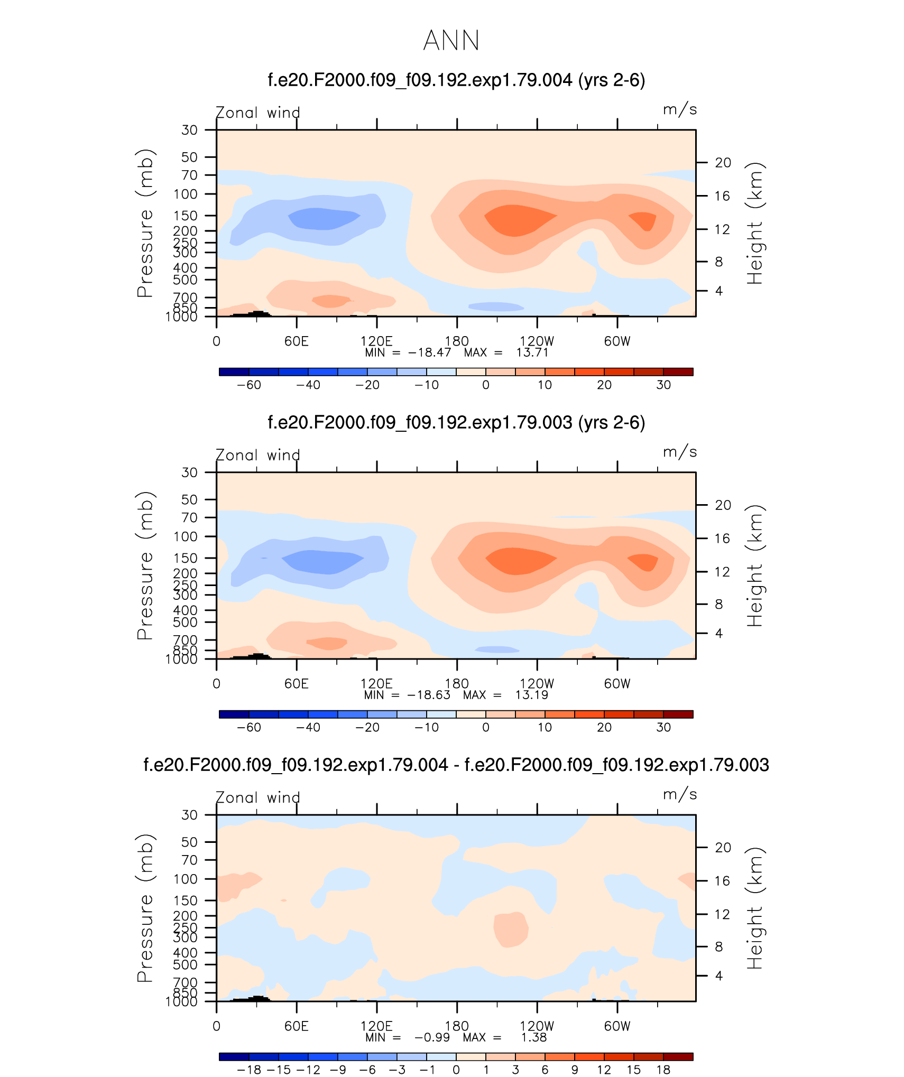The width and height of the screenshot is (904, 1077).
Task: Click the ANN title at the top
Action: tap(451, 40)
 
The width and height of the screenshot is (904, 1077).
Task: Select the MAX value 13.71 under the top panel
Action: tap(532, 352)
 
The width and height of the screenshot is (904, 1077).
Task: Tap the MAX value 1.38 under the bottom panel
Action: tap(533, 1037)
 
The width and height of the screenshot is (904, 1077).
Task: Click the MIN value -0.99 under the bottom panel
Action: tap(432, 1037)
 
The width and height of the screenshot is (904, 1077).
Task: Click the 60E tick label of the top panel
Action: tap(296, 341)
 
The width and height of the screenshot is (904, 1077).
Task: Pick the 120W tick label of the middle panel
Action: tap(537, 684)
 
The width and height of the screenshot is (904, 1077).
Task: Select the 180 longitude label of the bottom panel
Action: tap(457, 1026)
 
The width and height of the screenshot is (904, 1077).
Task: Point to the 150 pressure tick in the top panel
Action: tap(185, 216)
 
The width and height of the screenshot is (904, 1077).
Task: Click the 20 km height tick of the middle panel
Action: tap(723, 505)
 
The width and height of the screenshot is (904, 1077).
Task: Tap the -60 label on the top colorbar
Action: tap(248, 385)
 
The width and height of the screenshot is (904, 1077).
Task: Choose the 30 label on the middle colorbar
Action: tap(663, 728)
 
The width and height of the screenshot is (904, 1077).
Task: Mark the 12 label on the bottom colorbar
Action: tap(604, 1070)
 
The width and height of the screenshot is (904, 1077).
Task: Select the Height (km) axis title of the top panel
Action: tap(755, 223)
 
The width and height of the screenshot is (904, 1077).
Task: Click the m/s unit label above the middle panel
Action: tap(680, 452)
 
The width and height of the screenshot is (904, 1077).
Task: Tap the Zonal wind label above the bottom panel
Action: tap(258, 797)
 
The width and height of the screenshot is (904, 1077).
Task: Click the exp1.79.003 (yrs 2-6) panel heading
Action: tap(456, 423)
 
